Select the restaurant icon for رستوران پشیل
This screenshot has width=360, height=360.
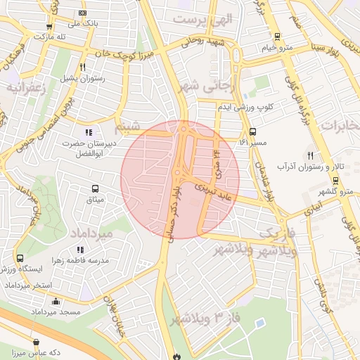coord(83,67)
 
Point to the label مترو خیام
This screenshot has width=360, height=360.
coord(276,47)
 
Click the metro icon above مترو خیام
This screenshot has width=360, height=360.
coord(277,37)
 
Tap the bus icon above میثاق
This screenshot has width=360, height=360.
coord(94,188)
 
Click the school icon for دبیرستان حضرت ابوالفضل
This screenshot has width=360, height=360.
coord(88,131)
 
